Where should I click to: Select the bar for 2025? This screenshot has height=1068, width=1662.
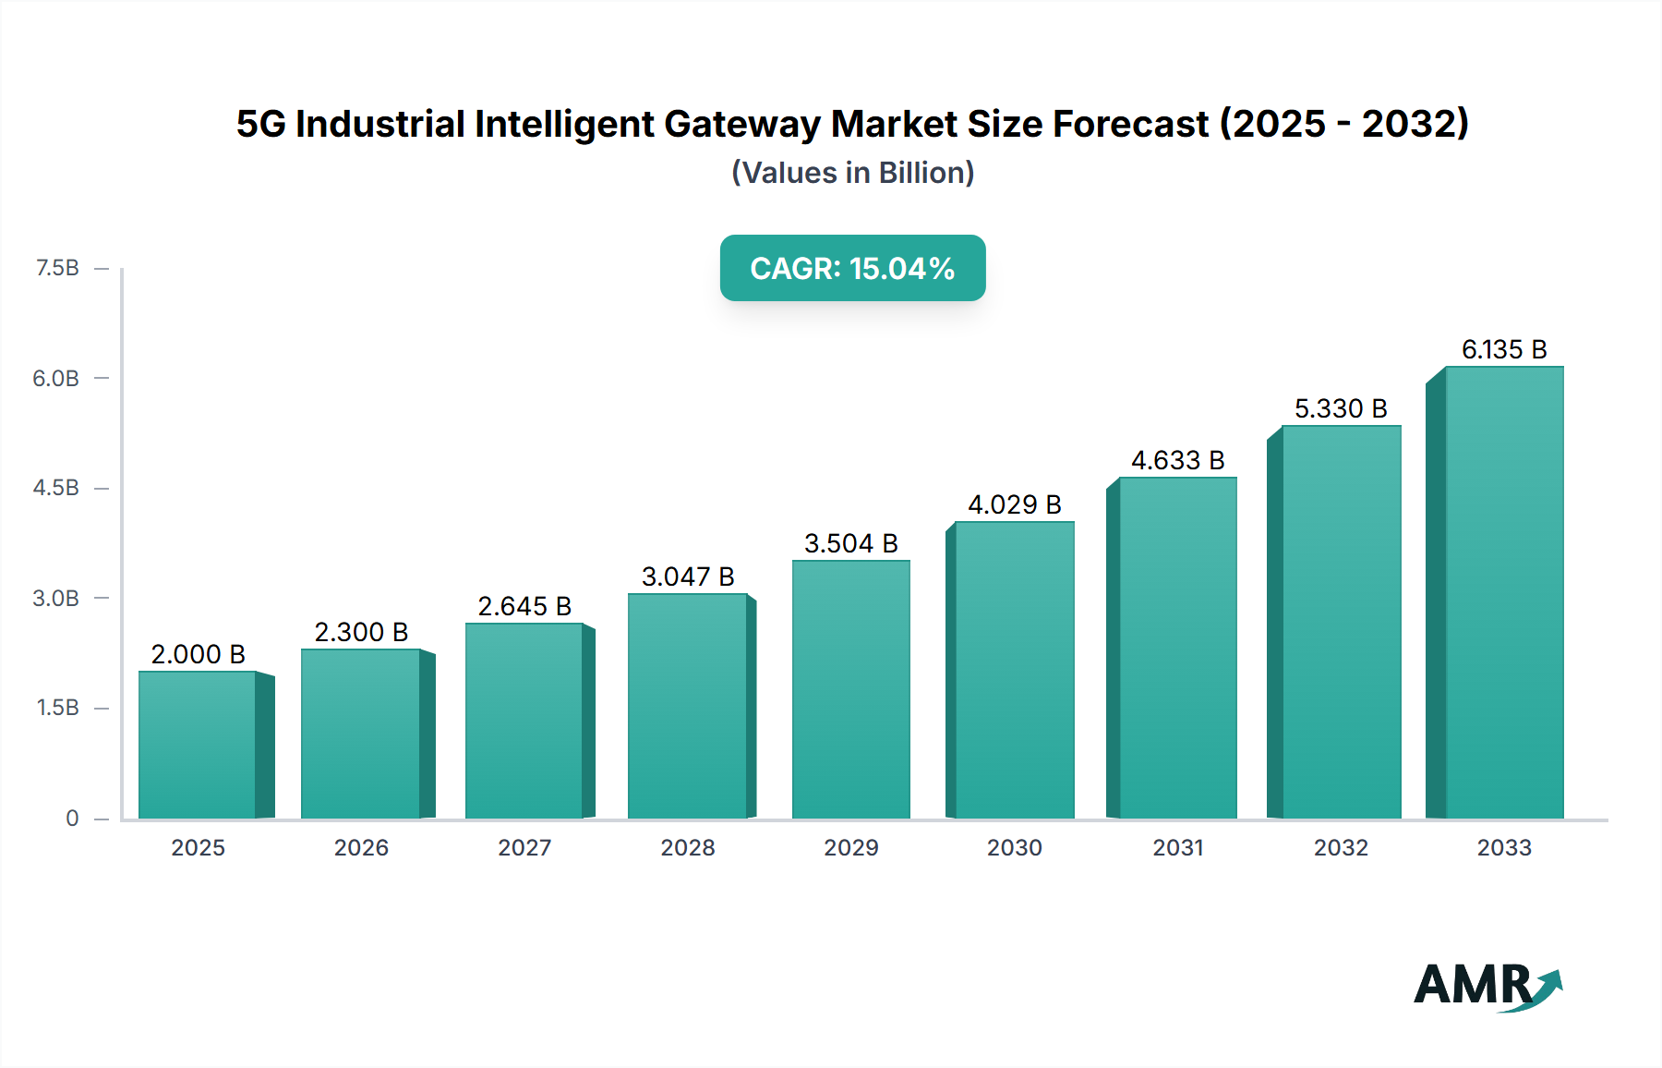click(198, 745)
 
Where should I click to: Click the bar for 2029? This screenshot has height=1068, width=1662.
click(851, 689)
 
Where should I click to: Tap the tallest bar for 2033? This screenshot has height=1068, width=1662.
click(1504, 592)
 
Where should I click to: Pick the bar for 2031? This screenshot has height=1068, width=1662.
click(1177, 648)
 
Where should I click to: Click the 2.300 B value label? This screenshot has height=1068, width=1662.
click(361, 632)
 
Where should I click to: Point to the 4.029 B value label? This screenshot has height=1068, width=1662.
click(1014, 504)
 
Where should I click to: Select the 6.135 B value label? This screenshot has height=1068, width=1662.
click(1503, 349)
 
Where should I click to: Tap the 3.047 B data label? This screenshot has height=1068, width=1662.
click(688, 576)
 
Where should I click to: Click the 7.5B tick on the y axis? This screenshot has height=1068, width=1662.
click(57, 268)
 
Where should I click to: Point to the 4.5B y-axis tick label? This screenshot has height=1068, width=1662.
click(56, 488)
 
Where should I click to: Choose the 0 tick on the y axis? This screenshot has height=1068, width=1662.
click(72, 818)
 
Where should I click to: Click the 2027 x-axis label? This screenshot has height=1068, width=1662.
click(524, 847)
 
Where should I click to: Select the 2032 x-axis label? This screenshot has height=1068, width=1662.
click(1341, 847)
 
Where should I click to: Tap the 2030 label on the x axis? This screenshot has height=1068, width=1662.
click(1014, 847)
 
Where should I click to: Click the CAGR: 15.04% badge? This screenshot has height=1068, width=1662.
click(852, 268)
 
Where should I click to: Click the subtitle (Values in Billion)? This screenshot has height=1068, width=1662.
click(852, 173)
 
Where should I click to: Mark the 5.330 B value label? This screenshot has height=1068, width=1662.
click(1341, 408)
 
